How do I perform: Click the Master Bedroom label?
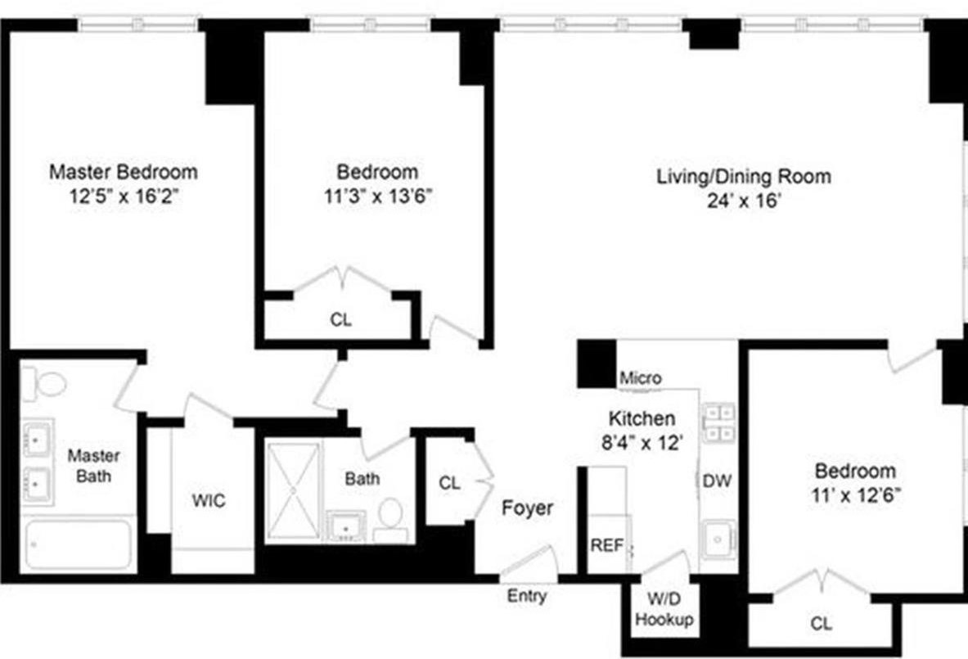[x=124, y=173]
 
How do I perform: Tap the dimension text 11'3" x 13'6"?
[x=377, y=196]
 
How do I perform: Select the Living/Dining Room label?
[x=744, y=177]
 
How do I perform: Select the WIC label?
[x=209, y=501]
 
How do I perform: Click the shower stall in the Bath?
[x=294, y=491]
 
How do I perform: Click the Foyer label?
[x=527, y=508]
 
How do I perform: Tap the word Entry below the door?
[x=526, y=597]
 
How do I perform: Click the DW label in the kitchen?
[x=718, y=481]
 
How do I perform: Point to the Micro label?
[x=640, y=379]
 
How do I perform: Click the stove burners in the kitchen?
[x=719, y=422]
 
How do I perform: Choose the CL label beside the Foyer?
[x=449, y=484]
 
